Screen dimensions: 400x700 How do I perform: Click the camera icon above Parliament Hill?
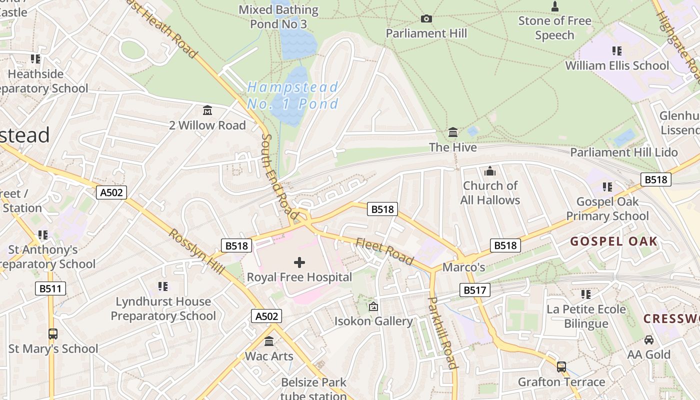pos(426,19)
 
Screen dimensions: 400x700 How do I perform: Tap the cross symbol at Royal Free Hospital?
pos(299,262)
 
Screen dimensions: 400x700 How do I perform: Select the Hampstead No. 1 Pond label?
pos(293,95)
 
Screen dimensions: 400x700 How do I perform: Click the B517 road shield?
pos(474,290)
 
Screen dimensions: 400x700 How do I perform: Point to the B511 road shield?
pos(50,288)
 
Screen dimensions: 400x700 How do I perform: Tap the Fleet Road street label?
pos(384,251)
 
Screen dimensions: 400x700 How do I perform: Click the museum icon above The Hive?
pos(453,132)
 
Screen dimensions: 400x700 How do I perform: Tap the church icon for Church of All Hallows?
pos(490,171)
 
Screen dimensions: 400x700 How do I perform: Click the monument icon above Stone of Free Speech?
pos(554,6)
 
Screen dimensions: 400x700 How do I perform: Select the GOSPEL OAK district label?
pos(613,242)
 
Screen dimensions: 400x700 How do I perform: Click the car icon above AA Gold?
pos(649,340)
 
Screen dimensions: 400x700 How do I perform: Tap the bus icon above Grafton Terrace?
pos(561,367)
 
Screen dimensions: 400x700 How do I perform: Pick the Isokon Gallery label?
pos(373,321)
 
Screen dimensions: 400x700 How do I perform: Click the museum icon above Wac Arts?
pos(269,341)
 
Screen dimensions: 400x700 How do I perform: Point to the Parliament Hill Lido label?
pos(624,152)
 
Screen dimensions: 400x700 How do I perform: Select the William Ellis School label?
pos(616,65)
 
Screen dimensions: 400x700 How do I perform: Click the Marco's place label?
pos(463,267)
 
